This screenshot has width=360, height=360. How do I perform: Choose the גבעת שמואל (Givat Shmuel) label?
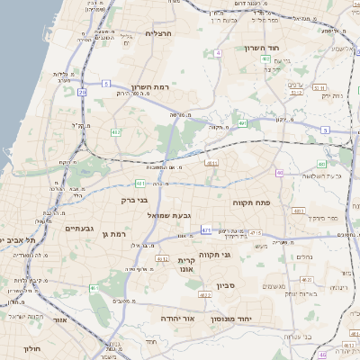coord(167,217)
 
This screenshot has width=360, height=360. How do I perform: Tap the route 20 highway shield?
coord(82,92)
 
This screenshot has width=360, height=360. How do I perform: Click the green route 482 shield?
coord(115,131)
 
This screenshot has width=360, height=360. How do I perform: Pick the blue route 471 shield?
coord(207,229)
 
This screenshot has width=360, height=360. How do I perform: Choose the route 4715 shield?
coord(256,233)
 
